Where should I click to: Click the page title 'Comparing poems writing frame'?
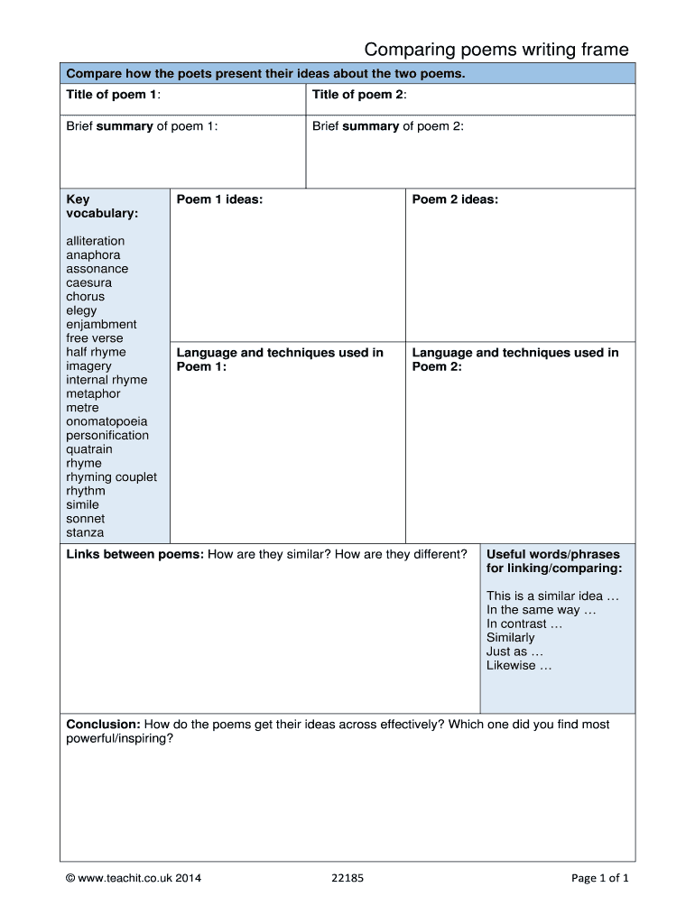point(496,50)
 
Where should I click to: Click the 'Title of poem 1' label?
point(113,95)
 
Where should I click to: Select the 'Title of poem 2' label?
point(359,95)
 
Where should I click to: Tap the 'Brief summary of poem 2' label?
point(387,126)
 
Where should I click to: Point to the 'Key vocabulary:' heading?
point(102,207)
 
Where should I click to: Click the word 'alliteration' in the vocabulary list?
point(96,241)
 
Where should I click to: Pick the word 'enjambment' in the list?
point(101,324)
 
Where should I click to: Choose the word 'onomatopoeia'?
point(107,421)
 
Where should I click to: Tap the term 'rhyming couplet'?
point(111,476)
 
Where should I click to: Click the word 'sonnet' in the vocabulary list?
point(85,519)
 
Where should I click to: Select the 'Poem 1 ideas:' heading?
point(219,199)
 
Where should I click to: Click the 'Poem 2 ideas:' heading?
point(455,199)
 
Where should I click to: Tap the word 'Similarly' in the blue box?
point(510,637)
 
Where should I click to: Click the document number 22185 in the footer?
point(348,877)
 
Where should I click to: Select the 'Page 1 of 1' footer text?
point(600,877)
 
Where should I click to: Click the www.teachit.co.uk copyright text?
point(134,877)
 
